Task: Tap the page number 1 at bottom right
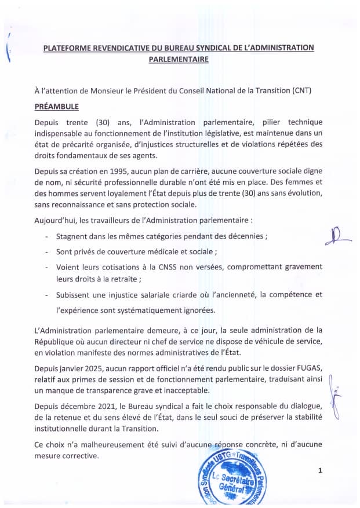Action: coord(319,471)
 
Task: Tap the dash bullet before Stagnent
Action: coord(46,237)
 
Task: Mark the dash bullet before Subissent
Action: coord(46,295)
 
